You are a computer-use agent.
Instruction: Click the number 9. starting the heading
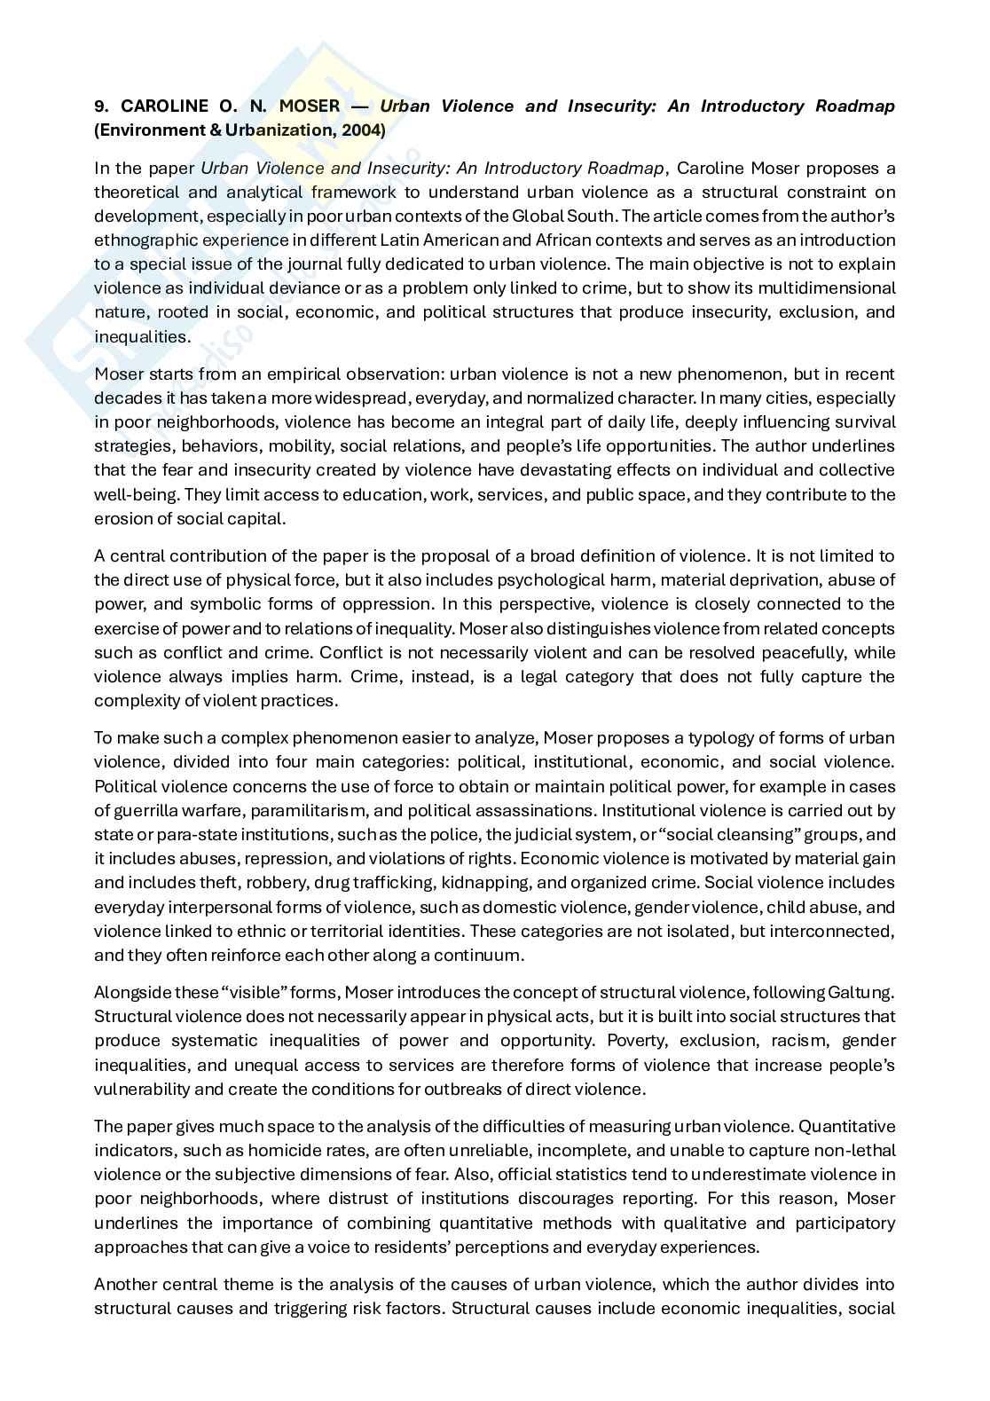pos(101,106)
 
